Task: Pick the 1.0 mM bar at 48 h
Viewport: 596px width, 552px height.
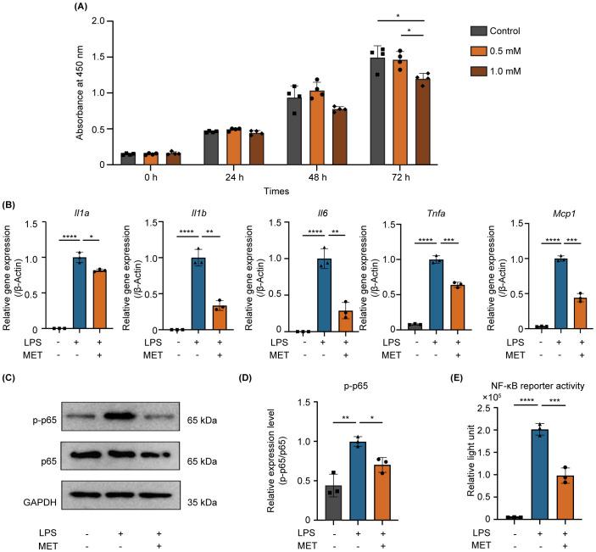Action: point(341,137)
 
